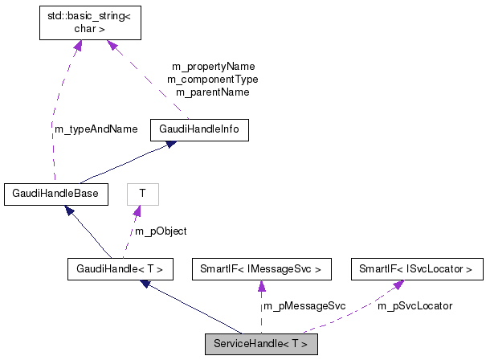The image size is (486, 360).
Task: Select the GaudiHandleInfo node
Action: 199,130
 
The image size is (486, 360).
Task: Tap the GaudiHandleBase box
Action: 51,193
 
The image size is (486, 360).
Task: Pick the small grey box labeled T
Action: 142,194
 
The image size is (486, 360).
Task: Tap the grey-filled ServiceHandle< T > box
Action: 261,344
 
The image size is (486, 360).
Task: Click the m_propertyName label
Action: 213,66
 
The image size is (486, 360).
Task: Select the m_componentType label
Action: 213,79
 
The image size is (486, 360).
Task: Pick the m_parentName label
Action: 213,92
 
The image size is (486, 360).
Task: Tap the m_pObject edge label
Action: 161,231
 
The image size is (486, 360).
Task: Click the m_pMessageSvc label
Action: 304,305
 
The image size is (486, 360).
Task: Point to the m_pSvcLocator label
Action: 415,305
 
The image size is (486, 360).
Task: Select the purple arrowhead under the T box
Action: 138,211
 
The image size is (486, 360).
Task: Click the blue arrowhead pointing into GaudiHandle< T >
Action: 145,284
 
